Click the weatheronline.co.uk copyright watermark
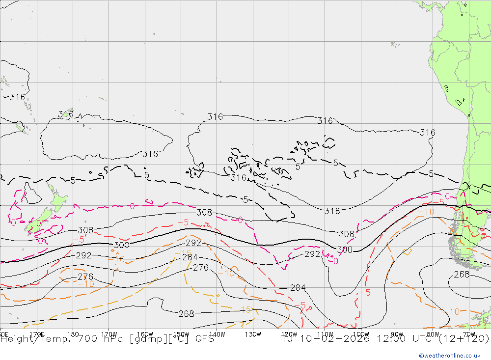point(449,356)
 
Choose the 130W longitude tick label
point(253,334)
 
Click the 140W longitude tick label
point(217,334)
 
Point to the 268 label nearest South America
point(462,274)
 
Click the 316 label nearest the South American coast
point(427,133)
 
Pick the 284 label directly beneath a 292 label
point(190,257)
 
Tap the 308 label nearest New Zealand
point(85,230)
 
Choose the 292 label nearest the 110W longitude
point(312,254)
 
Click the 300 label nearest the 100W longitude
point(345,250)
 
